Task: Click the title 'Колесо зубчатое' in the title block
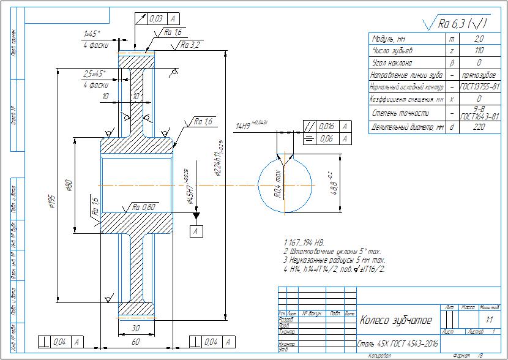tap(396, 320)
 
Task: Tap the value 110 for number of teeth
tap(479, 51)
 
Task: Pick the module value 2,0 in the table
tap(479, 39)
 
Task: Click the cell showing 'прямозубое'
tap(479, 75)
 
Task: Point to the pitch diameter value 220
tap(479, 127)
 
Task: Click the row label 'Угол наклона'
tap(392, 63)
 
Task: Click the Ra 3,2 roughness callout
tap(190, 45)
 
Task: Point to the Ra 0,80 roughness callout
tap(144, 208)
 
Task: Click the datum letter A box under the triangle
tap(196, 231)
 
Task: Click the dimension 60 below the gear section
tap(136, 340)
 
